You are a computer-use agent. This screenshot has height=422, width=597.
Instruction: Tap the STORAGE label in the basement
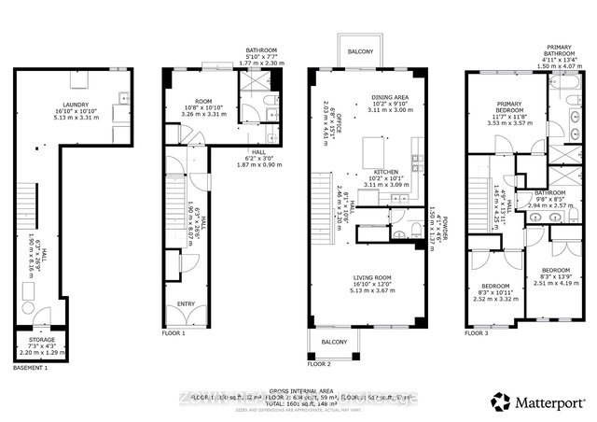tap(40, 341)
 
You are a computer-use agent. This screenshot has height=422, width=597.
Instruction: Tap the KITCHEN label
tap(386, 173)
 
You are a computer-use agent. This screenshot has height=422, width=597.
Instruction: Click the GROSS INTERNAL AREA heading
tap(298, 391)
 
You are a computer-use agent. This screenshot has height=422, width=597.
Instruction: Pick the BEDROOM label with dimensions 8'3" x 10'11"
tap(494, 287)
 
